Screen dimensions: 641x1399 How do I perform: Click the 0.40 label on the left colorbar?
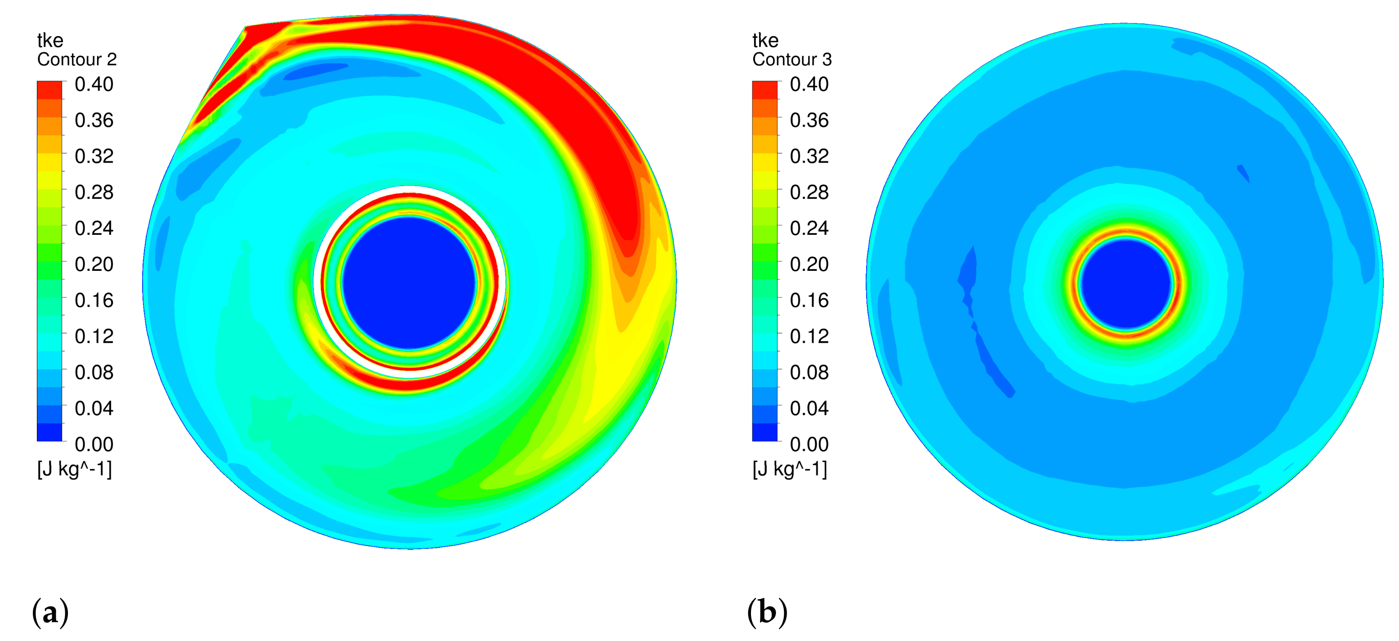point(94,84)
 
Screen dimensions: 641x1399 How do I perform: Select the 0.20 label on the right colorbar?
point(809,264)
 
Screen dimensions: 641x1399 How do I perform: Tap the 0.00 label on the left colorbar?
point(94,444)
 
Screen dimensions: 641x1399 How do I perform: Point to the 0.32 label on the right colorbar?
point(809,157)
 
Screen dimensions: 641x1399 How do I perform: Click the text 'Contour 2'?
point(76,59)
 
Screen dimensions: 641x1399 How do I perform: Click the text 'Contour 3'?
point(792,59)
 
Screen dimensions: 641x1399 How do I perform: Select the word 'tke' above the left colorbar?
point(50,40)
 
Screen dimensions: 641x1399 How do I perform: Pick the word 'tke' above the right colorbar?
point(765,40)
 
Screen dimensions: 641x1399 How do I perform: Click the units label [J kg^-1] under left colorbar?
point(74,469)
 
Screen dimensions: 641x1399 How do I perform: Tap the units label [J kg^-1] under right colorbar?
point(790,469)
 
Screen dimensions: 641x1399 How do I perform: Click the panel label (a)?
point(50,612)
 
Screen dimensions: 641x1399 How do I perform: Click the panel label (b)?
point(766,612)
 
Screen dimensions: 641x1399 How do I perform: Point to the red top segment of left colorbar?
point(49,90)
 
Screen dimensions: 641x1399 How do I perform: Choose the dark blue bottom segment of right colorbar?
point(764,432)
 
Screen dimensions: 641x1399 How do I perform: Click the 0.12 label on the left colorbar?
point(94,336)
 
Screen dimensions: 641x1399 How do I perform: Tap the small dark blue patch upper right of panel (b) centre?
point(1243,173)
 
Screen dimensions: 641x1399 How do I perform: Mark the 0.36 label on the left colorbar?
point(94,120)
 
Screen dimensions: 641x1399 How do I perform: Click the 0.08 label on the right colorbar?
point(809,372)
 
